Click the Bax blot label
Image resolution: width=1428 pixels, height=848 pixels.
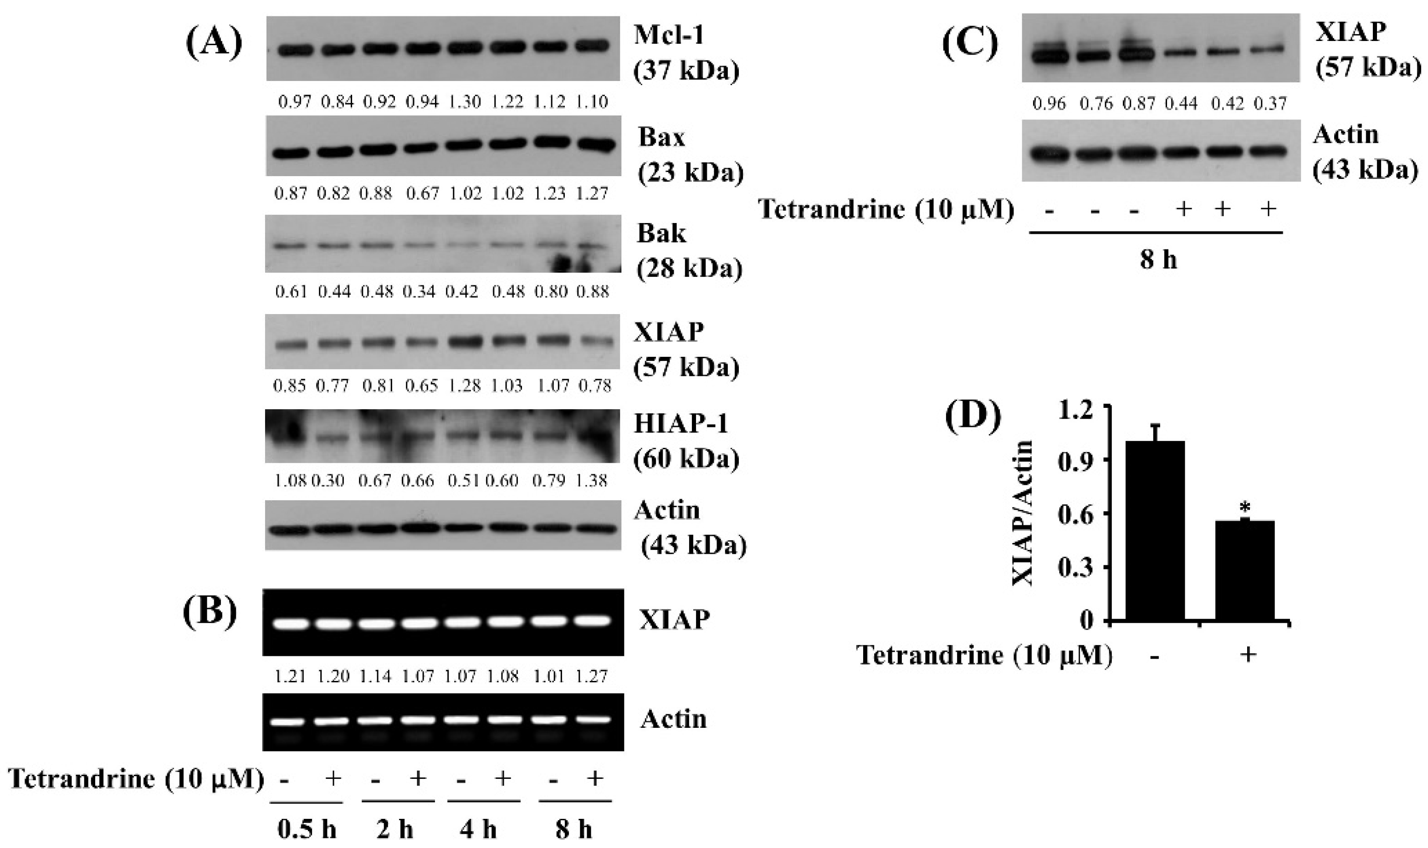[x=661, y=137]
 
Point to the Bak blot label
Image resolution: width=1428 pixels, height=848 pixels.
[x=661, y=233]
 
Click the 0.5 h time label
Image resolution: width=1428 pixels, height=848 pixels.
[x=307, y=828]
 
